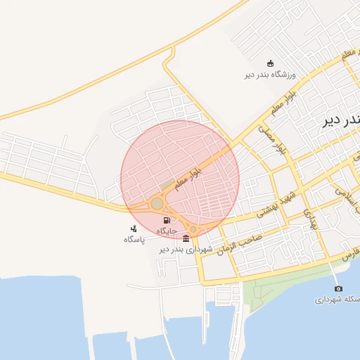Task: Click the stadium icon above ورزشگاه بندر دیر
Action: click(271, 63)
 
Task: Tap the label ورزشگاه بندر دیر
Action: click(271, 74)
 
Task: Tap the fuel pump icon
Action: click(166, 220)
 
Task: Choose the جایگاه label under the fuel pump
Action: click(166, 231)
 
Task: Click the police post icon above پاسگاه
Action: click(134, 229)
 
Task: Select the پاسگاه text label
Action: click(134, 239)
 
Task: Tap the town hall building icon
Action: click(185, 238)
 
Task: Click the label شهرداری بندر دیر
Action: click(185, 249)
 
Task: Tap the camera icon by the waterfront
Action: click(338, 289)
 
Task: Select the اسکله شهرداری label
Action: click(338, 300)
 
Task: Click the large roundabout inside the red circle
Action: click(157, 204)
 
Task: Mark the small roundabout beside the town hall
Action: click(194, 229)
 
